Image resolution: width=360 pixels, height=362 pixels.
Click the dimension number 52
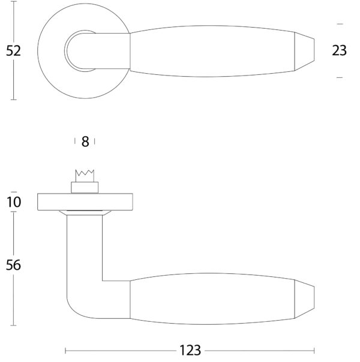(x=13, y=51)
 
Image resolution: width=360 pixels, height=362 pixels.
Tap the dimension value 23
(x=339, y=50)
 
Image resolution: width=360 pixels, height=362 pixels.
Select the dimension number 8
(x=85, y=141)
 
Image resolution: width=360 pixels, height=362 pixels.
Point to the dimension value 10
(x=14, y=202)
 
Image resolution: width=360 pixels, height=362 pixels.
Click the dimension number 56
(x=13, y=265)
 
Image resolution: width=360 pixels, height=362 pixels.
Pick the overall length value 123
(x=190, y=351)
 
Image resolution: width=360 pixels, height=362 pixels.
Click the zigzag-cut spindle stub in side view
(x=85, y=176)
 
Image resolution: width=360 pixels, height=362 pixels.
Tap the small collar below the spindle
(x=85, y=188)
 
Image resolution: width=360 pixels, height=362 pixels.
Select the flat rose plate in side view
(x=85, y=202)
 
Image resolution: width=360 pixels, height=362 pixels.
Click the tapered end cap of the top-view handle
(x=304, y=51)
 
